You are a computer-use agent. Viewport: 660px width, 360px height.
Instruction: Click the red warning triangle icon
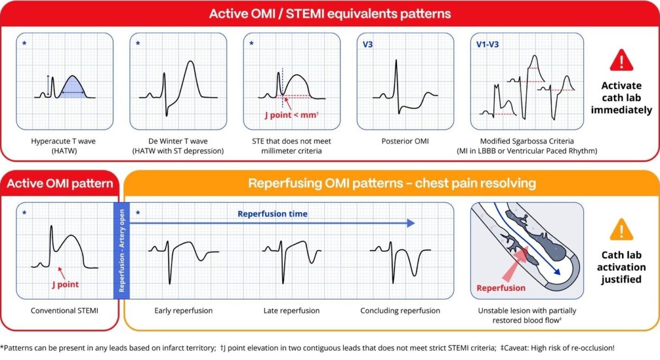[x=621, y=60]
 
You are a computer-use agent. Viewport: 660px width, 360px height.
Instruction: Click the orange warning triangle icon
[x=621, y=230]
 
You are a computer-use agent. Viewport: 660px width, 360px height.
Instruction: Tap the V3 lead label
[x=367, y=45]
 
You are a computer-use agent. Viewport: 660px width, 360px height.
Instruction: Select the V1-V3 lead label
[x=487, y=45]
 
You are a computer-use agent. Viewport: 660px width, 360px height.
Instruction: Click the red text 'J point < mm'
[x=291, y=115]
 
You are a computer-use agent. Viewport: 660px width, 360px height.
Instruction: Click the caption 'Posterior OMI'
[x=405, y=141]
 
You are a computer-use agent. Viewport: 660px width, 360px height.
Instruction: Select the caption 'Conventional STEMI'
[x=64, y=311]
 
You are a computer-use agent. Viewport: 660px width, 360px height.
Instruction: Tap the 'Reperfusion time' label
[x=273, y=214]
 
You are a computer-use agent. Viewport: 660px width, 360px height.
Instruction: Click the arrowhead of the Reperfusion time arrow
[x=411, y=223]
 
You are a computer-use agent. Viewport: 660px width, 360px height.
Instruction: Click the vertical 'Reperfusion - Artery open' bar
[x=122, y=251]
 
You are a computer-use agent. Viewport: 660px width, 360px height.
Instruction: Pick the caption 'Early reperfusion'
[x=183, y=311]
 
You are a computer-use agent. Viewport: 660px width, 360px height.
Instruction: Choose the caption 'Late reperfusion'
[x=291, y=311]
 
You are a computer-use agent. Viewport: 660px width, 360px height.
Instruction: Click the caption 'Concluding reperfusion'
[x=400, y=311]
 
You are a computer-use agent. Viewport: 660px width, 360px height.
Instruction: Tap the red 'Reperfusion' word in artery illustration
[x=501, y=288]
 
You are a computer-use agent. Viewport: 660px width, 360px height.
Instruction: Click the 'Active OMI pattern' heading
[x=60, y=184]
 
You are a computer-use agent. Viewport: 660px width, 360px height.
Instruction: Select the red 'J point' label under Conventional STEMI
[x=65, y=284]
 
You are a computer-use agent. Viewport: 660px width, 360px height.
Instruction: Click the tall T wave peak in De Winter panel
[x=191, y=62]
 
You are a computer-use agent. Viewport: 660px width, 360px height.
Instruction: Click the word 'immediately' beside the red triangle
[x=621, y=110]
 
